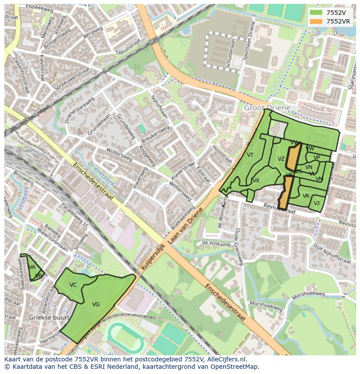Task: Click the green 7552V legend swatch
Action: (316, 13)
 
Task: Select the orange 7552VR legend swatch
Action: (316, 21)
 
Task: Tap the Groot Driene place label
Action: (267, 107)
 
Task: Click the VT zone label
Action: (250, 155)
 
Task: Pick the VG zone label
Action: (96, 304)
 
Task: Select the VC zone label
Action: (73, 285)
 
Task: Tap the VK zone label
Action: (306, 196)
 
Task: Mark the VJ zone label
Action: (317, 203)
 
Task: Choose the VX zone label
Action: (256, 181)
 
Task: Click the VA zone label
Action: (32, 267)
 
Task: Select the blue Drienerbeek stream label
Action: (101, 174)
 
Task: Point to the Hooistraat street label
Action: (222, 155)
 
